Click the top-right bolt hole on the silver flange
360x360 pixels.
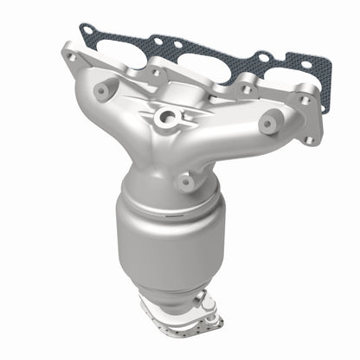(x=304, y=100)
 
